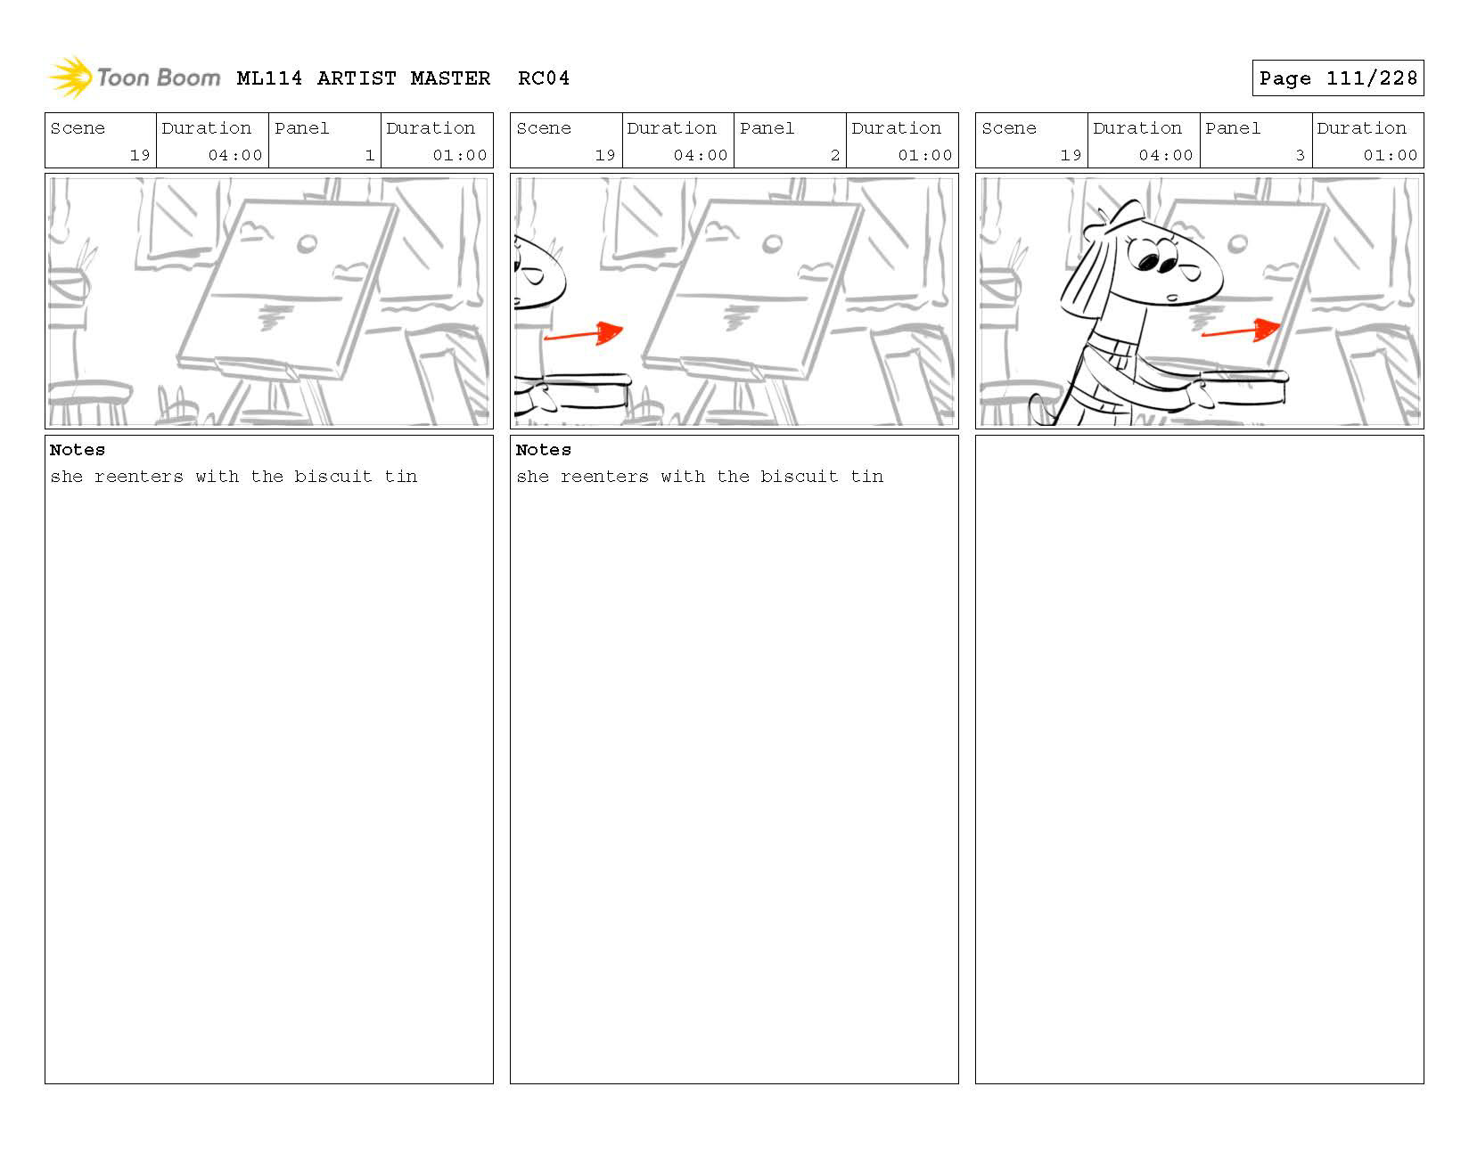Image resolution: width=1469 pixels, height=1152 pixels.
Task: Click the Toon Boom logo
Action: point(134,78)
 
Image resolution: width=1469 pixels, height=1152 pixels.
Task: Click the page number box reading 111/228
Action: point(1337,78)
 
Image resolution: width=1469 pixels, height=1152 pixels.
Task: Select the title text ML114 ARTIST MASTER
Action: point(364,78)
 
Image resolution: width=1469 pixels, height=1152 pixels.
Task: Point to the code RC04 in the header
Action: point(544,78)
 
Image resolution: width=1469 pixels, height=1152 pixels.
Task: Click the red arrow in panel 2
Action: point(585,334)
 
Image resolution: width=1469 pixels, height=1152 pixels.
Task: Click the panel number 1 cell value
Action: point(369,155)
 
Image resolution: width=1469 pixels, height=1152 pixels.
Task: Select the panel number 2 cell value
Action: point(834,155)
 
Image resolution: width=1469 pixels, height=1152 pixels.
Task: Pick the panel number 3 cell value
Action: point(1300,155)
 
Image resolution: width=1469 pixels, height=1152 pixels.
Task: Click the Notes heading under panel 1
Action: point(78,450)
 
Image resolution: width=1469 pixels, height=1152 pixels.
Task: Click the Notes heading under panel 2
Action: point(543,450)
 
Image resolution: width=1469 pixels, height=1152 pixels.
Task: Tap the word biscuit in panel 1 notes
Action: point(332,477)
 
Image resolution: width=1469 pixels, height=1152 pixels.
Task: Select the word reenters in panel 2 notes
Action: point(604,477)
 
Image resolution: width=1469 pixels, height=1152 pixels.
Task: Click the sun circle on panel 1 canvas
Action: point(308,242)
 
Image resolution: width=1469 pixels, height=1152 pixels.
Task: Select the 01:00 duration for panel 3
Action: point(1390,155)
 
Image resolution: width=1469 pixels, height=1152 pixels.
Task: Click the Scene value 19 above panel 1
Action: point(140,155)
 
